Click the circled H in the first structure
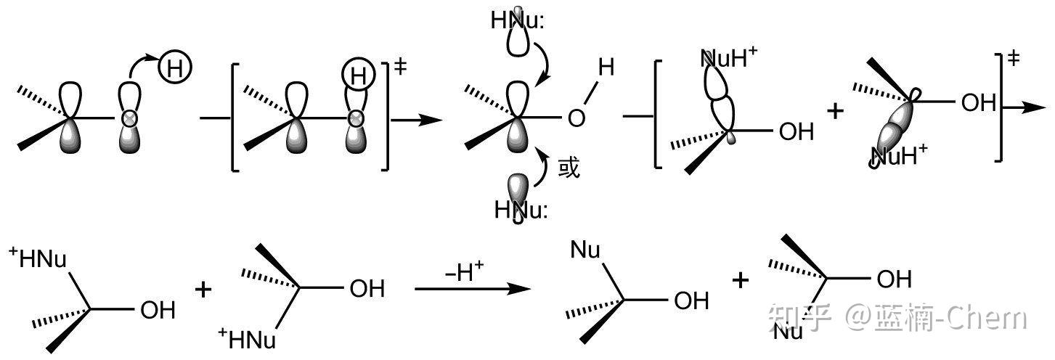[x=174, y=69]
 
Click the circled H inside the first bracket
[x=357, y=73]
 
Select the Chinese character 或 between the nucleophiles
[x=569, y=169]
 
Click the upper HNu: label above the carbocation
[x=516, y=21]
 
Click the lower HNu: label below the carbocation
[x=521, y=210]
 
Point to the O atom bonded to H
[x=576, y=118]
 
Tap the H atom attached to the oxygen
[x=606, y=67]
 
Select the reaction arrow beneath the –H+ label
[x=472, y=289]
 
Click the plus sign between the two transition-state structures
[x=836, y=111]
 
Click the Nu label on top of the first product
[x=584, y=250]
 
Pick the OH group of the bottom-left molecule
[x=157, y=311]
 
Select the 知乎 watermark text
[x=799, y=317]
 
